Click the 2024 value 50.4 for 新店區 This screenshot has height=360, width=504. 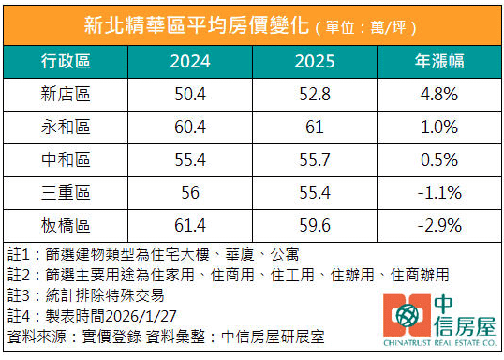click(190, 96)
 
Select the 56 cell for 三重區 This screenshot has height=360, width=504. click(190, 192)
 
